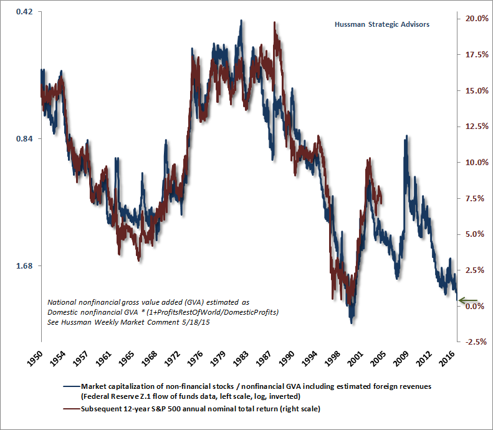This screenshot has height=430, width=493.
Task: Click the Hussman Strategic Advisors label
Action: pyautogui.click(x=383, y=24)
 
